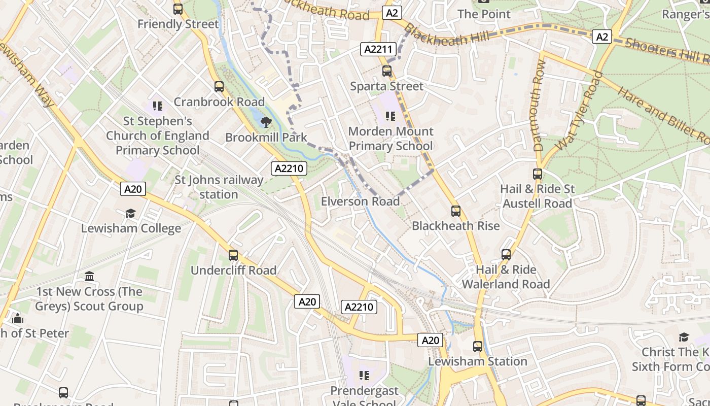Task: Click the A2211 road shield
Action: pyautogui.click(x=378, y=49)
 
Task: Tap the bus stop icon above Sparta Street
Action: pyautogui.click(x=387, y=71)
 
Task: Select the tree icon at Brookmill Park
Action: pyautogui.click(x=266, y=122)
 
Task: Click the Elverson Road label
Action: pyautogui.click(x=360, y=201)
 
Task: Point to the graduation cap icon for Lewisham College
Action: pyautogui.click(x=131, y=213)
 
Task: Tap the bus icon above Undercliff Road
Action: pyautogui.click(x=233, y=255)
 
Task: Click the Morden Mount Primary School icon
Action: pyautogui.click(x=390, y=116)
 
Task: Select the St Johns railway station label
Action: pyautogui.click(x=219, y=187)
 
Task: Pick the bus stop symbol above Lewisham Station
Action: pyautogui.click(x=478, y=347)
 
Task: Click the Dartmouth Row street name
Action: pyautogui.click(x=540, y=105)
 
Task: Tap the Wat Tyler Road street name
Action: pyautogui.click(x=579, y=111)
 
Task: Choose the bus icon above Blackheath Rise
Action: pyautogui.click(x=456, y=211)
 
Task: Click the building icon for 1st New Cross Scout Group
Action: pyautogui.click(x=90, y=277)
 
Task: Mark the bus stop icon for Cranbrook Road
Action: pyautogui.click(x=219, y=87)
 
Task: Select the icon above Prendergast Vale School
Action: pyautogui.click(x=364, y=376)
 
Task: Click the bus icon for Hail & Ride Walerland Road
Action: pyautogui.click(x=506, y=255)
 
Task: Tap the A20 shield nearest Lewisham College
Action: pyautogui.click(x=133, y=189)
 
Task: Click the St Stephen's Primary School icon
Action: pyautogui.click(x=158, y=106)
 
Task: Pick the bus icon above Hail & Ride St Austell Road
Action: pyautogui.click(x=538, y=174)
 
